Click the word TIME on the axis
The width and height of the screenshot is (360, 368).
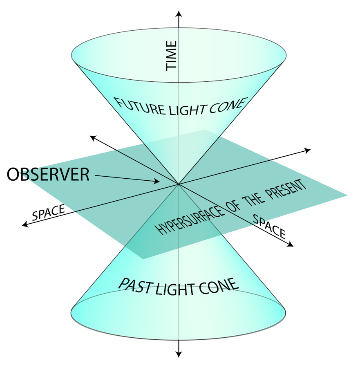172,56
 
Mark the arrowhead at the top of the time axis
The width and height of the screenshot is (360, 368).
179,15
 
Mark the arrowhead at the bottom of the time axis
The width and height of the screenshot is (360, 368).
179,354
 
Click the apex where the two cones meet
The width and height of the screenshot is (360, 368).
179,185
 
